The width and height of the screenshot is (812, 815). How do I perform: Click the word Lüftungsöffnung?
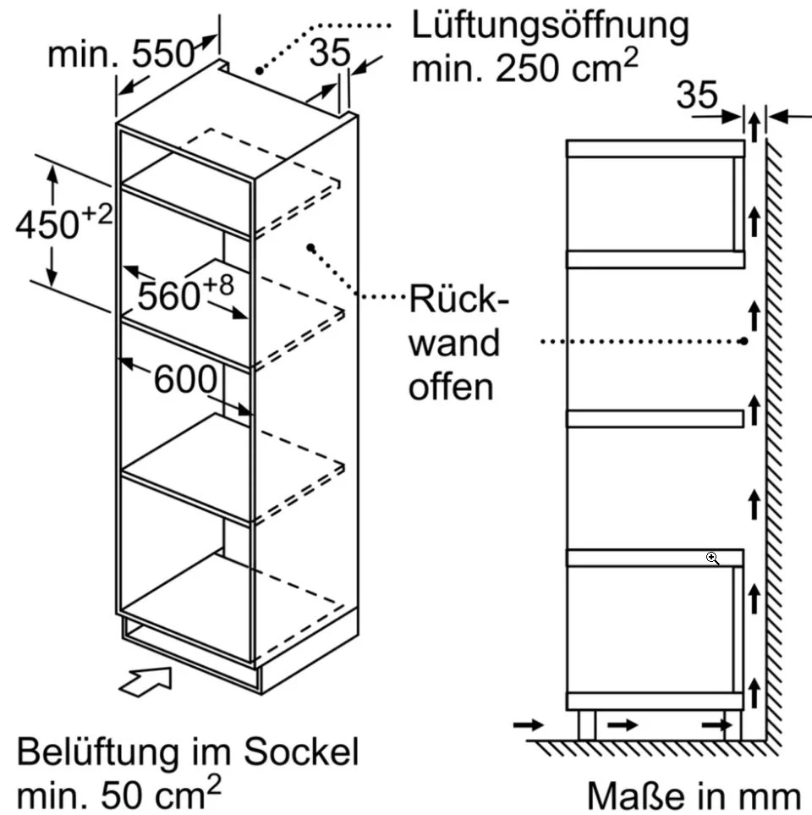550,26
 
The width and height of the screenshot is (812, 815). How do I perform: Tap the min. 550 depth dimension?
121,53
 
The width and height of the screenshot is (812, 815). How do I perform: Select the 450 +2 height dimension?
64,223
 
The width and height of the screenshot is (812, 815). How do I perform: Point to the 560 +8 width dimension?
185,295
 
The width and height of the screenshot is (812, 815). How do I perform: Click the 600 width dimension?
185,379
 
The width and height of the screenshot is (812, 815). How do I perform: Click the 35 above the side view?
697,95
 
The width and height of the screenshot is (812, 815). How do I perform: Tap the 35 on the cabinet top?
331,52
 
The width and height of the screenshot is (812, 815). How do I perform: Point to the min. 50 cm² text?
119,793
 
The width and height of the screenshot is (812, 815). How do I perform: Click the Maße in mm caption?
694,796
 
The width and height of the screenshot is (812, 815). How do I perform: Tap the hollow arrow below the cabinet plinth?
146,682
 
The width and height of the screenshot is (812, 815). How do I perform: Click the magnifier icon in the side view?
713,559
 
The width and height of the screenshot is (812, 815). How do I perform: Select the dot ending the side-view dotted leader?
744,341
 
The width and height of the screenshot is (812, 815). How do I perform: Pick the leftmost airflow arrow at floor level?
529,724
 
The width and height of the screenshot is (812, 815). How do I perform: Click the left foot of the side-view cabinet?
586,725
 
